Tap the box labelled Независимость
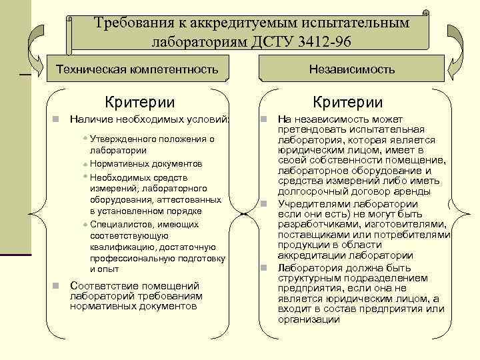tap(352, 69)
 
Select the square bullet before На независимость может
tap(264, 119)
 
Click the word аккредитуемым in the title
tap(238, 23)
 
